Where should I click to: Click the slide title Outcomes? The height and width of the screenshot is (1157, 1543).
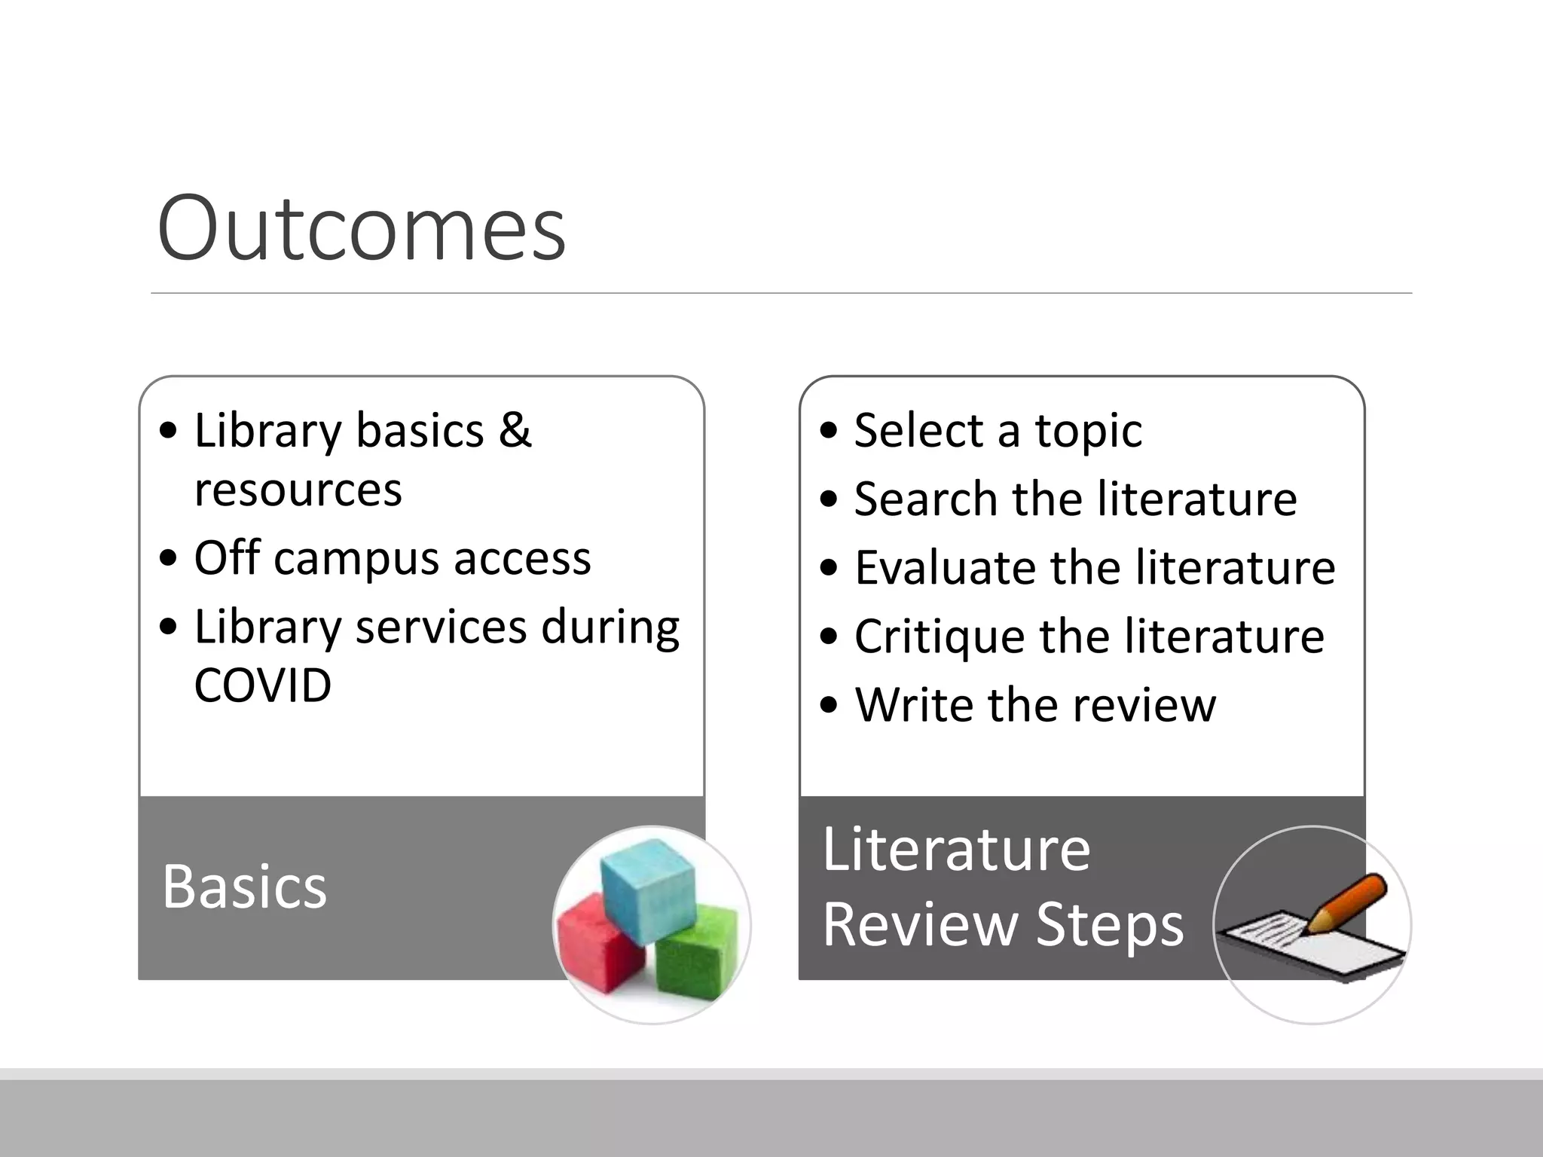(x=361, y=227)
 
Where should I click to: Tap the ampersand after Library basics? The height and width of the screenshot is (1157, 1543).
(x=515, y=430)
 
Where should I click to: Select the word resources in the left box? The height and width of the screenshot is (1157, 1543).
(x=298, y=490)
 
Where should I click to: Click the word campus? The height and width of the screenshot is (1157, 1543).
(x=356, y=559)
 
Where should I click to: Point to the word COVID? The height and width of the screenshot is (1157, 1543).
(x=262, y=685)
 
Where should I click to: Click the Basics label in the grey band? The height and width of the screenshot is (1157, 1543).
(x=244, y=887)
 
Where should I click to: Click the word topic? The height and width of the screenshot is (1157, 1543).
(x=1088, y=431)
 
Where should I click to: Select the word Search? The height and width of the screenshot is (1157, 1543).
(x=926, y=499)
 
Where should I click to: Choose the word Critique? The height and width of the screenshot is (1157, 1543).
(x=940, y=637)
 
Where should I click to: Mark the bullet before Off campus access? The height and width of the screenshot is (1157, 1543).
(x=170, y=559)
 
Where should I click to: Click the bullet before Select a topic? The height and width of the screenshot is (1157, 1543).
(x=829, y=431)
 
